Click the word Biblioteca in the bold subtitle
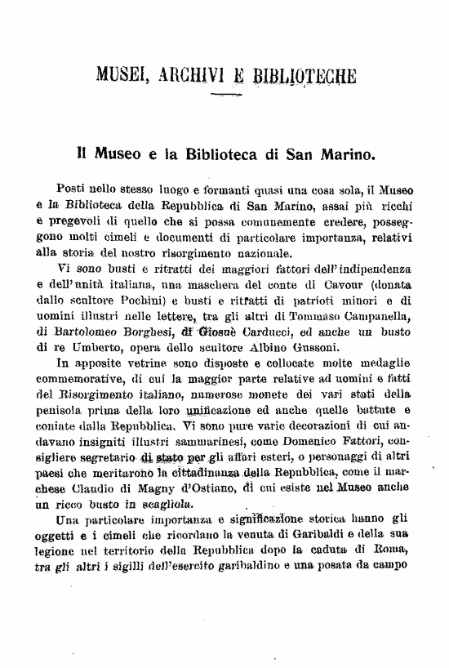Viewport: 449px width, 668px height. tap(229, 153)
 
